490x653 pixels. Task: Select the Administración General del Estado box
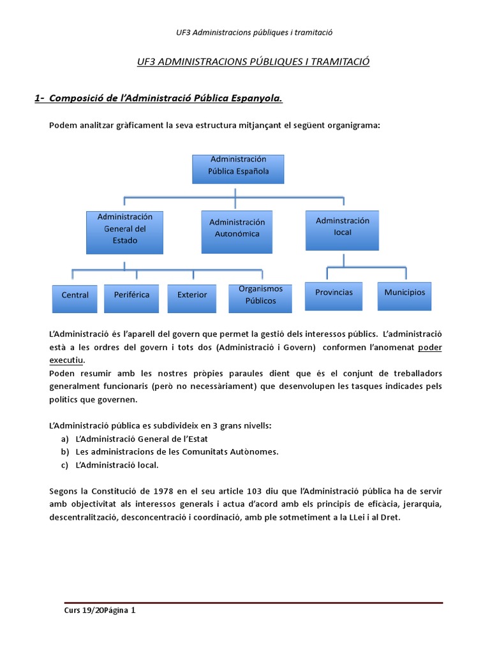pos(125,231)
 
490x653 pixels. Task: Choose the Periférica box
pos(131,297)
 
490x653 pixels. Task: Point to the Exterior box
pos(192,297)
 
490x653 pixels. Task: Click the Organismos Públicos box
pos(260,297)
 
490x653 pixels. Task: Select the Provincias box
pos(334,295)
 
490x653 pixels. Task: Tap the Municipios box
pos(405,295)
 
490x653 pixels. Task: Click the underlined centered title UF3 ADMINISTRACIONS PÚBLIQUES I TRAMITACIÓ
pos(253,62)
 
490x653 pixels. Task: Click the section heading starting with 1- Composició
pos(159,98)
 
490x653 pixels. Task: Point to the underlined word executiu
pos(67,360)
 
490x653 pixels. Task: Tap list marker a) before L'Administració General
pos(65,439)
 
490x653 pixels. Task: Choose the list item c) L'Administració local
pos(116,465)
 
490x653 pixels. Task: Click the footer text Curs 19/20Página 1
pos(100,610)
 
